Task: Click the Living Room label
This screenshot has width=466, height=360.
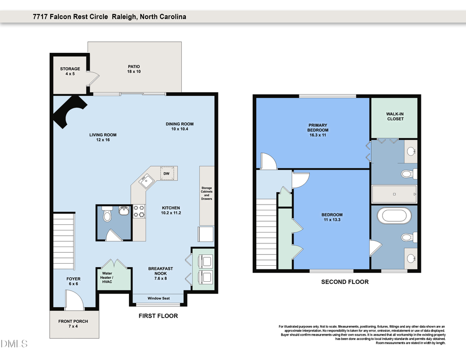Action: tap(103, 137)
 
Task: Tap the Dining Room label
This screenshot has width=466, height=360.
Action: tap(179, 126)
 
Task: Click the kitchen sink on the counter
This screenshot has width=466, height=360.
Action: tap(147, 181)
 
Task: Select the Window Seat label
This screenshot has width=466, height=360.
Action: tap(158, 298)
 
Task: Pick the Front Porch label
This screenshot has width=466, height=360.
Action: tap(73, 324)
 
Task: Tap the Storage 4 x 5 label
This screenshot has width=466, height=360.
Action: tap(70, 71)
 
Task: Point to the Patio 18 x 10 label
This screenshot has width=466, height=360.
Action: tap(134, 69)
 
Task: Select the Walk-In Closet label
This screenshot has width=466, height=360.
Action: tap(395, 116)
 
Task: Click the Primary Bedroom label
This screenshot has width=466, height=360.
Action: tap(318, 130)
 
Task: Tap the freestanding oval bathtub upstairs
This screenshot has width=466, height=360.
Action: tap(395, 215)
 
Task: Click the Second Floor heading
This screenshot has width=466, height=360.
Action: tap(345, 282)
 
